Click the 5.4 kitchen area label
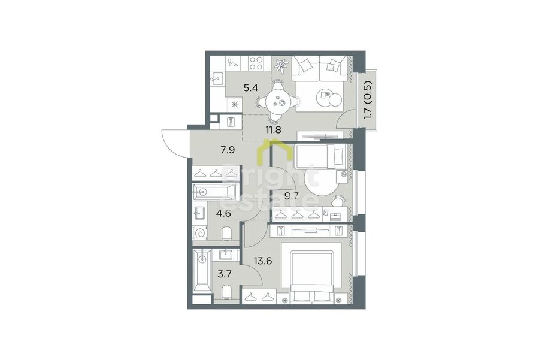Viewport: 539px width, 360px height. coord(250,88)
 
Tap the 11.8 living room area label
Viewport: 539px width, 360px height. coord(274,130)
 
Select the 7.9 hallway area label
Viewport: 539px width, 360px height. coord(228,150)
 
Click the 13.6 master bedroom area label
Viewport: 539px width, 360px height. coord(263,261)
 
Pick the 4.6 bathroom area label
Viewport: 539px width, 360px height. coord(223,213)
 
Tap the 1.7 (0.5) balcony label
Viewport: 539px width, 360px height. coord(368,100)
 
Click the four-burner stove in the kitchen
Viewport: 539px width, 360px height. coord(256,63)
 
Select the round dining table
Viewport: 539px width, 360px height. coord(278,102)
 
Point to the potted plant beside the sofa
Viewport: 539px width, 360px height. coord(282,64)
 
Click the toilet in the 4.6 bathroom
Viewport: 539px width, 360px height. coord(227,234)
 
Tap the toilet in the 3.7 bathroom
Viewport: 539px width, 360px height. coord(227,292)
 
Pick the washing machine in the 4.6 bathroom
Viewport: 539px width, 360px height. coord(199,232)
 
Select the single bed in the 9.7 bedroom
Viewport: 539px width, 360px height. coord(319,156)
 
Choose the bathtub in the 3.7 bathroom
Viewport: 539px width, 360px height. coord(202,270)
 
